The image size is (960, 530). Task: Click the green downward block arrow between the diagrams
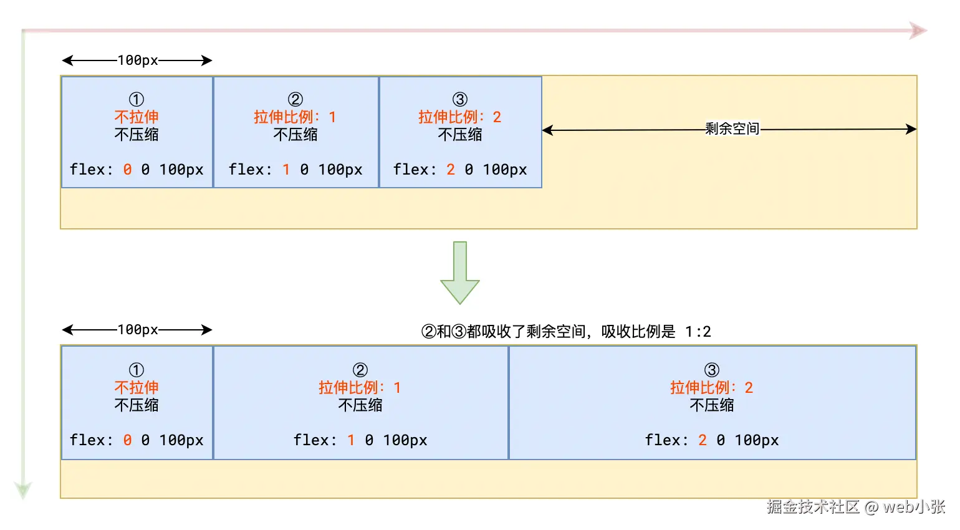(x=460, y=274)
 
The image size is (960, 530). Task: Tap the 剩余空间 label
(x=732, y=129)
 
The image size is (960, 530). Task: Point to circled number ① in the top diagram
(x=137, y=99)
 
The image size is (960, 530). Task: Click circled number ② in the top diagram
(x=295, y=99)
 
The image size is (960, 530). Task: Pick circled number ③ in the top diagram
(x=460, y=99)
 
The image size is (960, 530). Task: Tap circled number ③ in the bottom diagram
(x=712, y=370)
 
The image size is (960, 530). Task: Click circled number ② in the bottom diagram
(x=360, y=370)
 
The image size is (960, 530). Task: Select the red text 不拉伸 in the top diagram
(x=137, y=117)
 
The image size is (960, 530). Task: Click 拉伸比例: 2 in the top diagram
(x=460, y=117)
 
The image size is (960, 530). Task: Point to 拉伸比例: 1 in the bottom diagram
(x=360, y=387)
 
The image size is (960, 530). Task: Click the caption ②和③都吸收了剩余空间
(x=505, y=331)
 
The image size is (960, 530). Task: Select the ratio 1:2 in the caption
(x=698, y=331)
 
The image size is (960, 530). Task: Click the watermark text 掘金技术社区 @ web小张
(x=856, y=506)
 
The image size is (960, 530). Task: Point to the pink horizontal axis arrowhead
(x=918, y=31)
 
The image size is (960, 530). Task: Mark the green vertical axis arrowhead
(x=23, y=490)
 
